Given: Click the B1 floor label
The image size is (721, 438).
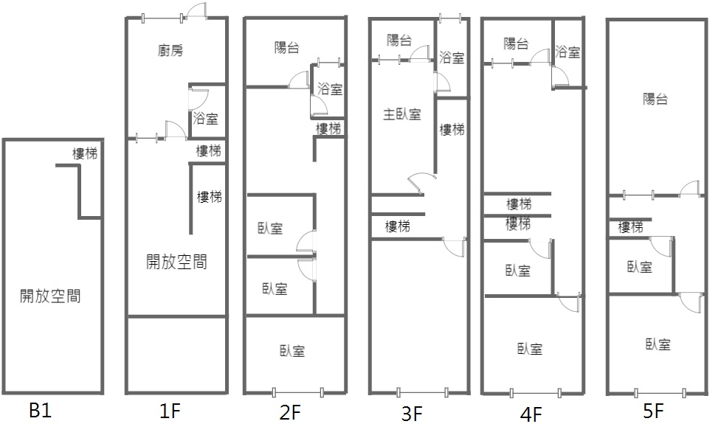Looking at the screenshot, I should [40, 411].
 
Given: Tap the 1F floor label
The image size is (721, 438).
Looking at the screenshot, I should [170, 411].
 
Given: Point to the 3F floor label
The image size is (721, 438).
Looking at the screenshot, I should [412, 414].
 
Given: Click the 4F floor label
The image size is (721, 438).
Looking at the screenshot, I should [531, 414].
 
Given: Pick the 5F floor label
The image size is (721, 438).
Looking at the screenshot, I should [653, 411].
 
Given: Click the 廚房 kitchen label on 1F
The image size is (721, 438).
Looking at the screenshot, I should [170, 51].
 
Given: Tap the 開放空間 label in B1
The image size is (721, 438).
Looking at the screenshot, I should [50, 296].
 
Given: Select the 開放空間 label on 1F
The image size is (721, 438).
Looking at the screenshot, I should [176, 261].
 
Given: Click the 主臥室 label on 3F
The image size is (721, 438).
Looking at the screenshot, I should [401, 114].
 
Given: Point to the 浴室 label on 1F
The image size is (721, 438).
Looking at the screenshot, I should [205, 118].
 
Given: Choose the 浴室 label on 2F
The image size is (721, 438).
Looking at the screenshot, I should [330, 89].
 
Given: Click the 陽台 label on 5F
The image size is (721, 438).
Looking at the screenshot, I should [655, 99].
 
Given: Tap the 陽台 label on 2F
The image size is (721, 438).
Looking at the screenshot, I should [286, 48].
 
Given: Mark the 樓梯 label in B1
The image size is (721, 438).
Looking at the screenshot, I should [84, 153].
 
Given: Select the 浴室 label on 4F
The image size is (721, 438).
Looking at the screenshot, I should [568, 52].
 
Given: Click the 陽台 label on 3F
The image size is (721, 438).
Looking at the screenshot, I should [399, 41].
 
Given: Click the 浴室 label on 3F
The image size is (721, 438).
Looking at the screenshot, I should [452, 58].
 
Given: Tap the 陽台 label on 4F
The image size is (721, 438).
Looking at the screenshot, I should [517, 44].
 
